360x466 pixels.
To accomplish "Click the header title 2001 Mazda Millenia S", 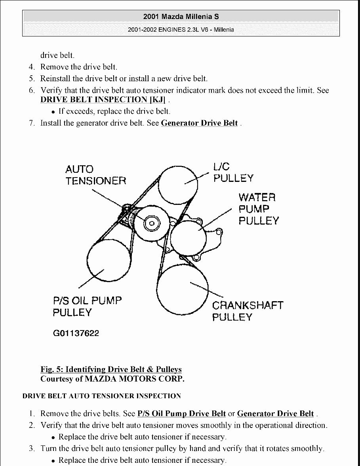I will pos(180,17).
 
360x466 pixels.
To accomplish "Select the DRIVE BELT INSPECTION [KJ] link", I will pos(103,99).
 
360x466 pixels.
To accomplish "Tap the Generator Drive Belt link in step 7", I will pos(200,123).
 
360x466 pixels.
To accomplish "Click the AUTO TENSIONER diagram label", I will pos(95,175).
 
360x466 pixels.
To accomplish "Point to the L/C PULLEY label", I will pos(233,172).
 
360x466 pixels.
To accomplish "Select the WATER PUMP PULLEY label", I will pos(258,209).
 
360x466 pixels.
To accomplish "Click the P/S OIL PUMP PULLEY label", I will pos(87,306).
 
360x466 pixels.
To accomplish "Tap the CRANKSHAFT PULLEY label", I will pos(248,311).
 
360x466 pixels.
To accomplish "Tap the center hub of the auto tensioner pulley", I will pos(150,224).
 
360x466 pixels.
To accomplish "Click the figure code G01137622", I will pos(76,333).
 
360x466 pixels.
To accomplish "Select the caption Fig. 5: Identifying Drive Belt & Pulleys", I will pos(111,370).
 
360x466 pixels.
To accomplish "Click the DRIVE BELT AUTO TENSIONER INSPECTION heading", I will pos(102,396).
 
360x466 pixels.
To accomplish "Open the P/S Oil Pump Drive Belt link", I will pos(181,414).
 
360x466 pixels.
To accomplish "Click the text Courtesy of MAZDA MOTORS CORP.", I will pos(112,379).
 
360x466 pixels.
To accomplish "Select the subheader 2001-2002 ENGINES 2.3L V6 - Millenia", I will pos(180,29).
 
